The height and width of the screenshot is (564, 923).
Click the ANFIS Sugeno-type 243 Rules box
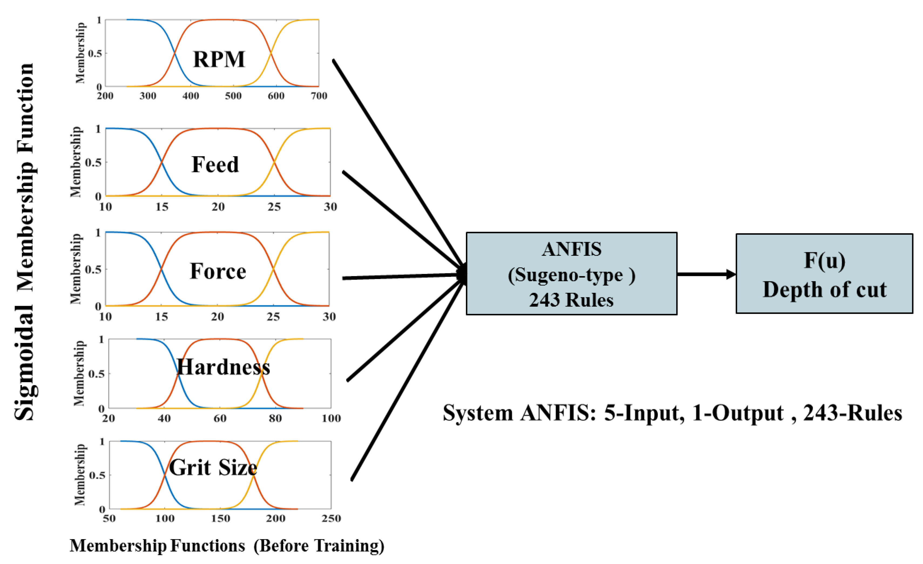point(571,274)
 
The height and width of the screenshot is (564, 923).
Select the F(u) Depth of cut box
point(824,274)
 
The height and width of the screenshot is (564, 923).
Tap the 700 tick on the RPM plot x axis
point(319,96)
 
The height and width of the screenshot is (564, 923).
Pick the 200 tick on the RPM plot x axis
point(105,96)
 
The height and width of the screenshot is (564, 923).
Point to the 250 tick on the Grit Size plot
point(331,518)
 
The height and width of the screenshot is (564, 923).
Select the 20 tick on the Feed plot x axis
point(218,207)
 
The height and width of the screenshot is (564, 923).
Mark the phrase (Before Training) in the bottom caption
point(319,546)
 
